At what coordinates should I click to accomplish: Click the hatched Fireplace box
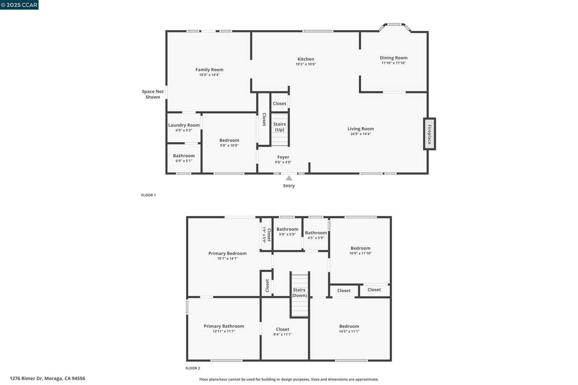tap(429, 134)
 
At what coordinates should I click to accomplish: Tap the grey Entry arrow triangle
tap(289, 178)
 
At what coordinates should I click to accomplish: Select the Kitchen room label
tap(306, 59)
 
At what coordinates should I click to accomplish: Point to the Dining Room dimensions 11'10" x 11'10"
tap(393, 63)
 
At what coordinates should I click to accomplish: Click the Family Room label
tap(209, 70)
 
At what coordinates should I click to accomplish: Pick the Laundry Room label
tap(184, 125)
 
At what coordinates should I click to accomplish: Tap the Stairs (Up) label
tap(280, 127)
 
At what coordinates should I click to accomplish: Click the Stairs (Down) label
tap(299, 292)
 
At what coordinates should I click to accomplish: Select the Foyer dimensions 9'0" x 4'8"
tap(283, 162)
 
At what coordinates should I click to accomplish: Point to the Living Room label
tap(360, 129)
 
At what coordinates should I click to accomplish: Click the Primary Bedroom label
tap(227, 254)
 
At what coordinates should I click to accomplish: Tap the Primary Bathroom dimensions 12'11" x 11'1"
tap(224, 331)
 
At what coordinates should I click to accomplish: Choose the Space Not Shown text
tap(153, 94)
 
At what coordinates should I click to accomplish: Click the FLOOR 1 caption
tap(149, 195)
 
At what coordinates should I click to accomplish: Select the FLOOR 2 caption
tap(192, 368)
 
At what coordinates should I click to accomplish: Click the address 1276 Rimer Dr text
tap(26, 379)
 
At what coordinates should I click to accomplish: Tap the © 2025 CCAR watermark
tap(19, 5)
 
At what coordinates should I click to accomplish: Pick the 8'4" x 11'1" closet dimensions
tap(283, 334)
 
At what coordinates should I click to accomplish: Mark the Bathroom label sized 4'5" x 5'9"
tap(316, 233)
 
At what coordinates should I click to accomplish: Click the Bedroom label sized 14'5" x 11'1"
tap(349, 326)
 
